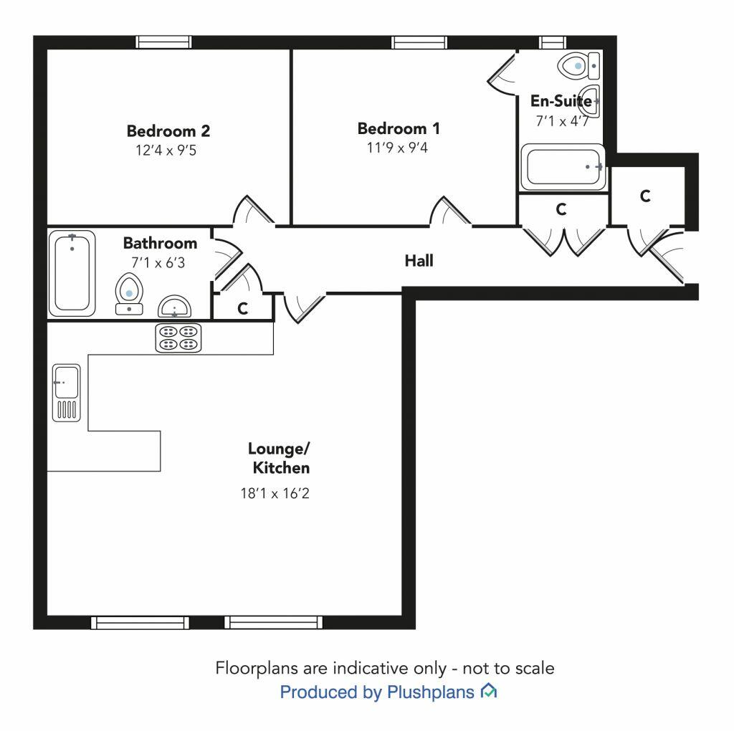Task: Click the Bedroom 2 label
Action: pyautogui.click(x=168, y=131)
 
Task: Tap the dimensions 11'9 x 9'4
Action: pyautogui.click(x=399, y=148)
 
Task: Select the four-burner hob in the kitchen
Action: pyautogui.click(x=178, y=338)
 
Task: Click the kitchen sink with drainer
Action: pyautogui.click(x=66, y=391)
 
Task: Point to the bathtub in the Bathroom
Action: pyautogui.click(x=72, y=272)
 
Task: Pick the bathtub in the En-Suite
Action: pyautogui.click(x=562, y=168)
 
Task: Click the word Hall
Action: pyautogui.click(x=419, y=261)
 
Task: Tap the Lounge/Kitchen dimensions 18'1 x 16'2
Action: pyautogui.click(x=279, y=493)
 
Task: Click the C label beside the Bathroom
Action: pyautogui.click(x=243, y=309)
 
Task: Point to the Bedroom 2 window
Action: pyautogui.click(x=166, y=43)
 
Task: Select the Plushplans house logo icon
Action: pyautogui.click(x=489, y=692)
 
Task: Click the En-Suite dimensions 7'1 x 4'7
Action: pyautogui.click(x=563, y=121)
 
